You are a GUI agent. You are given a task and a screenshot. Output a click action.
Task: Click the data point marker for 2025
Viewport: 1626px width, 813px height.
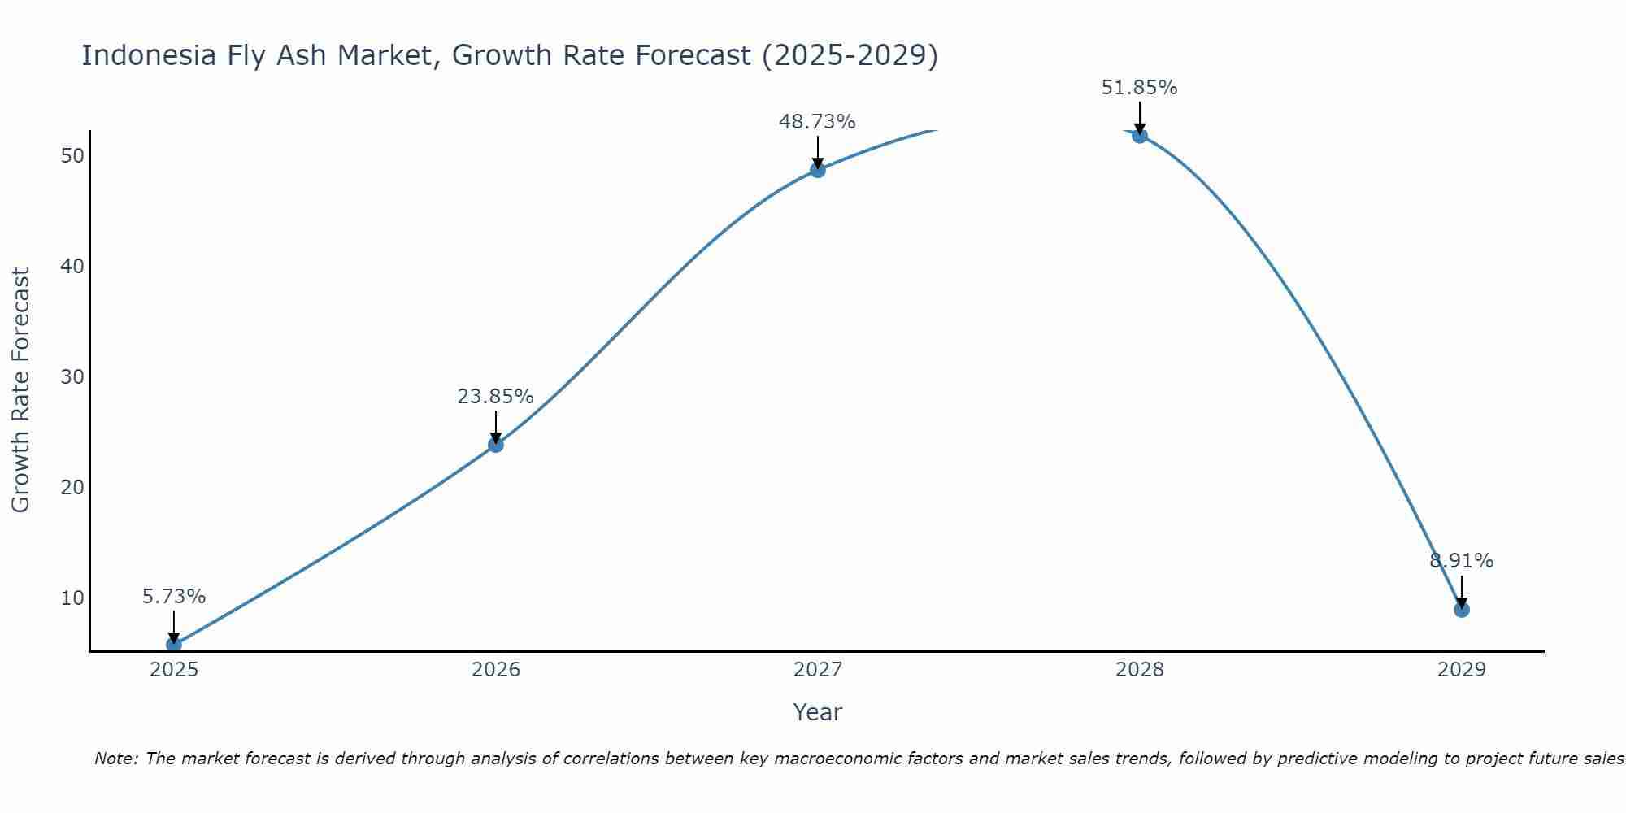coord(174,645)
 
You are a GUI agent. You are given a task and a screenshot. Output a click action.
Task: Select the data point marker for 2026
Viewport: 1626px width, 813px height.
coord(496,445)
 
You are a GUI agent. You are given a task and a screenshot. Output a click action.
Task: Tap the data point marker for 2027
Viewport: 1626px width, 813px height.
coord(818,170)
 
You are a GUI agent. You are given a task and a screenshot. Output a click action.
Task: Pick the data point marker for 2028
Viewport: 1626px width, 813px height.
coord(1140,135)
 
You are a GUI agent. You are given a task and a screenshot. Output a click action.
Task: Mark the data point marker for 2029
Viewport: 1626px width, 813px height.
coord(1462,610)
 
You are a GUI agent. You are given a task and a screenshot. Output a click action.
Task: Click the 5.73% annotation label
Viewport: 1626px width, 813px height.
coord(174,597)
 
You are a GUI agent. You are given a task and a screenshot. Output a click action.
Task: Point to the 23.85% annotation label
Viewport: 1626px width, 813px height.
coord(495,397)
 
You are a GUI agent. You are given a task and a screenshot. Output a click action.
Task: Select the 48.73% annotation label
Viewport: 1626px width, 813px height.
coord(817,122)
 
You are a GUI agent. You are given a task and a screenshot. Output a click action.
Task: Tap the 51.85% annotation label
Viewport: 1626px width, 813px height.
coord(1139,88)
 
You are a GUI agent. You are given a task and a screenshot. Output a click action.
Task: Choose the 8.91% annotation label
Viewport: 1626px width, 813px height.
coord(1462,561)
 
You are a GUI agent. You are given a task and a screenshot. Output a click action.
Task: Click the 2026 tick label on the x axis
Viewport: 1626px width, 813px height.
coord(496,670)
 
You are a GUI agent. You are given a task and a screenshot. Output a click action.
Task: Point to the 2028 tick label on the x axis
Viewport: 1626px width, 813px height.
coord(1140,670)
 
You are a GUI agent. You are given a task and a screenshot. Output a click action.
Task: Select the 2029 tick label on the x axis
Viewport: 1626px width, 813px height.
coord(1462,670)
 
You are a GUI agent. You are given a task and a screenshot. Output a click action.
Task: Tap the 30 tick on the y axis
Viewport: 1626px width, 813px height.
coord(72,377)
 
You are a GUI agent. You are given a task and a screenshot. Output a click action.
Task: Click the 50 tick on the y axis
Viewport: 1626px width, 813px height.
coord(72,156)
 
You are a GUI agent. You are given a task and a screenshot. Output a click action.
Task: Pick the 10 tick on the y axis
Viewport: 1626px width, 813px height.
coord(72,598)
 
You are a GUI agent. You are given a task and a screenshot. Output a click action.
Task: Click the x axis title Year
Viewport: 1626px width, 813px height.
coord(817,712)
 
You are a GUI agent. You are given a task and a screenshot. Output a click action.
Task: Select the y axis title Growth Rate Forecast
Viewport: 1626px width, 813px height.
coord(20,390)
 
